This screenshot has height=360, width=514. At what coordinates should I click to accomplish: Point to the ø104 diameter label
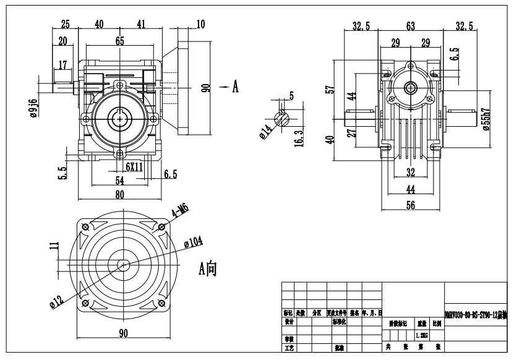pos(194,241)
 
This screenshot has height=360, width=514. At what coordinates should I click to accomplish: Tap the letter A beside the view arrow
pos(235,88)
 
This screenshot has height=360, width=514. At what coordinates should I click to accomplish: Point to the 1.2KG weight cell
pos(421,335)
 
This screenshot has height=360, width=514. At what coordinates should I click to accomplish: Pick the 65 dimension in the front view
pos(119,41)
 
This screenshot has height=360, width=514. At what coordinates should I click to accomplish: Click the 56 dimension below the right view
pos(410,206)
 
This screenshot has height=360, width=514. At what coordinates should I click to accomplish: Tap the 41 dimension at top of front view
pos(142,24)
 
